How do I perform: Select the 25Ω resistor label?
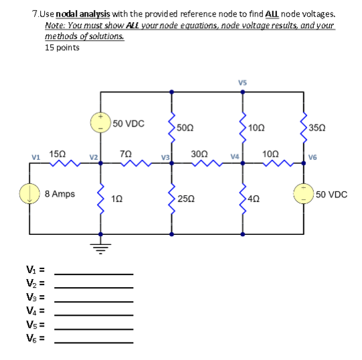187,199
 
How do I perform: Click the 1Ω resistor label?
117,199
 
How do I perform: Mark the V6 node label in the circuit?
314,158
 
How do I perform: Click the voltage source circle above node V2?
102,123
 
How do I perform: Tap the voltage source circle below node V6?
304,194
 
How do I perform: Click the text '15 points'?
62,48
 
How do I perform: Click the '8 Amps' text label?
60,194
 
